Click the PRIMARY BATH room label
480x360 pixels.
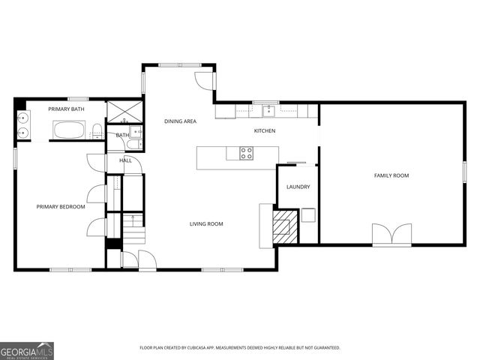coord(67,109)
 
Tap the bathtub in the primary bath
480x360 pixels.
coord(70,130)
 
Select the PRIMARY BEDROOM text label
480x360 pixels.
coord(61,207)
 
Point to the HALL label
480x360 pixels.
coord(125,160)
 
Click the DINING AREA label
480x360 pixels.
coord(180,121)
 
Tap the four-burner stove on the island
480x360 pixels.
coord(246,153)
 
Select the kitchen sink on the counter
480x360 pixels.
coord(266,112)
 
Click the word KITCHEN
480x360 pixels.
coord(265,131)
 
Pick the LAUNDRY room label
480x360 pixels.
coord(298,187)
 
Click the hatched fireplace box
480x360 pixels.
coord(283,226)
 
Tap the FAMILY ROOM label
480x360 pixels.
coord(391,175)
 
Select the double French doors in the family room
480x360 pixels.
coord(391,234)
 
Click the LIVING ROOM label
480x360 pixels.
coord(205,224)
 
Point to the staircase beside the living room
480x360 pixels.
coord(132,232)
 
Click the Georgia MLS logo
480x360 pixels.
coord(27,350)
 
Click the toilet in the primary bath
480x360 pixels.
coord(97,134)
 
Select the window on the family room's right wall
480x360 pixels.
coord(464,171)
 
